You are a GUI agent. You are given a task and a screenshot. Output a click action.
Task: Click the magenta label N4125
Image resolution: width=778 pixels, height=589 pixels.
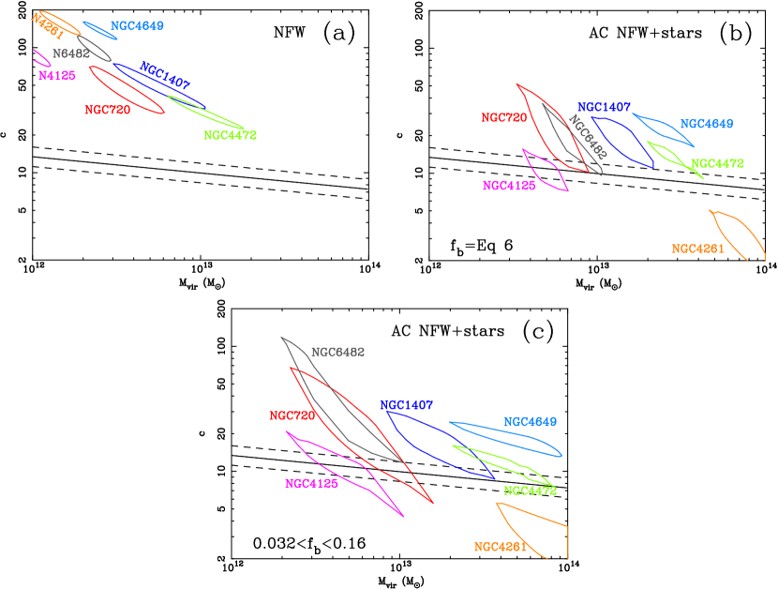pos(56,76)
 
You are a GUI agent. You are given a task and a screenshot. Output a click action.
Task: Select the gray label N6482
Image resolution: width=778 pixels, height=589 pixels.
pos(71,53)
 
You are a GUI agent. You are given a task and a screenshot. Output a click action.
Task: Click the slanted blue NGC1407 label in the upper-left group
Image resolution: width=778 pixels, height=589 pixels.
pos(165,76)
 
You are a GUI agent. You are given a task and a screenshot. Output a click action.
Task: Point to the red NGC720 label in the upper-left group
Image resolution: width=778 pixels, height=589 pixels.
pos(107,110)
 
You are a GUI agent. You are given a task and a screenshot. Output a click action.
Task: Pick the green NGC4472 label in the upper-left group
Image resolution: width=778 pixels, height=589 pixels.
pos(230,135)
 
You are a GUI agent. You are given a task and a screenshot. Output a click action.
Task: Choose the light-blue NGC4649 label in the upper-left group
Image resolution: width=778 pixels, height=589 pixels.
pos(137,26)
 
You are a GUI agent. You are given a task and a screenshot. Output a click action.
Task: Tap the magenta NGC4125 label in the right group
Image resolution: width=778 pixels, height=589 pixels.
pos(509,186)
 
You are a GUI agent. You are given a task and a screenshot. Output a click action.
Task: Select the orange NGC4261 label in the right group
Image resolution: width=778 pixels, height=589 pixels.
pos(698,249)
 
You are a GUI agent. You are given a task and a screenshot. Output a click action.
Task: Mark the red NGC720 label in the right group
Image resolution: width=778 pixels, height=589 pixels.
pos(504,118)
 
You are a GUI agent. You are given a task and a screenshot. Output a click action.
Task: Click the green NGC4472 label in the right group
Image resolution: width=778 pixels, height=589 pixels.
pos(717,163)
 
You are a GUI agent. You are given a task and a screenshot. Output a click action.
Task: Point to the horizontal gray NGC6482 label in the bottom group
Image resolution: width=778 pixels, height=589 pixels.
pos(337,353)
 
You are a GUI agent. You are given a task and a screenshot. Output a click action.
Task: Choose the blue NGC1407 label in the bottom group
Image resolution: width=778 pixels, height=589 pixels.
pos(407,405)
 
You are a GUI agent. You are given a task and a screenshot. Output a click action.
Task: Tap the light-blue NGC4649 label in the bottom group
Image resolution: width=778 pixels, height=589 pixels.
pos(530,422)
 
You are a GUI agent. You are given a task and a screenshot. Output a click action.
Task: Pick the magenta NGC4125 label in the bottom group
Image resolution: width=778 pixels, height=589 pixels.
pos(311,484)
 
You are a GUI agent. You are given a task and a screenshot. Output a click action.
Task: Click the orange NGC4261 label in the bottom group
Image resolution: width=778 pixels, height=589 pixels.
pos(501,547)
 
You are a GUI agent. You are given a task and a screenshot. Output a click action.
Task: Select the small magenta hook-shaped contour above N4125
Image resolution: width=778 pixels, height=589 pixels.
pos(40,57)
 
